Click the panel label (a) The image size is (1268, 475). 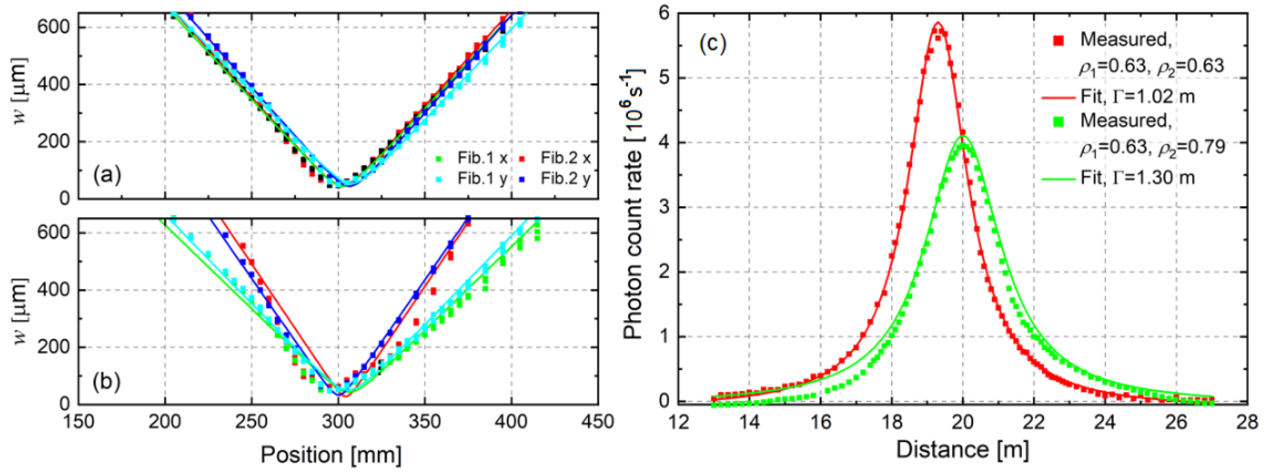click(x=107, y=175)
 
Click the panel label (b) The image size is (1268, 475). click(x=107, y=382)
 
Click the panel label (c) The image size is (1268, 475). click(x=712, y=44)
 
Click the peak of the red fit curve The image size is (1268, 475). click(x=938, y=23)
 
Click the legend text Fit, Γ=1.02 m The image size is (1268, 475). click(x=1137, y=96)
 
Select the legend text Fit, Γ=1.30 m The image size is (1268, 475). click(x=1137, y=177)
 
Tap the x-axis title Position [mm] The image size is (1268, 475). click(x=331, y=454)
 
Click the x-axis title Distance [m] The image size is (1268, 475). click(x=962, y=449)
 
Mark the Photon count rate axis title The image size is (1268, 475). click(x=634, y=205)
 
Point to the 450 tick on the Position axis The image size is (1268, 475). click(x=597, y=422)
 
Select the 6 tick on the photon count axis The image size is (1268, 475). click(x=664, y=13)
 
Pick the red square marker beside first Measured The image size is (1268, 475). click(x=1058, y=40)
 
